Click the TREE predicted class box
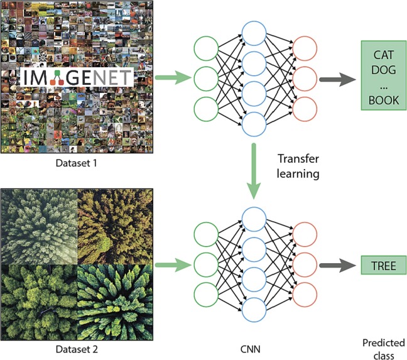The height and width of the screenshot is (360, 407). click(383, 266)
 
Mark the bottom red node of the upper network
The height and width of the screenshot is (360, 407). click(305, 108)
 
